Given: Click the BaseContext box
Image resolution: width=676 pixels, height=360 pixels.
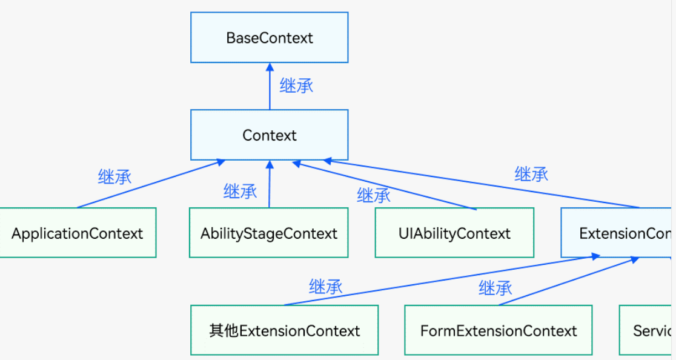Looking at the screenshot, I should tap(270, 38).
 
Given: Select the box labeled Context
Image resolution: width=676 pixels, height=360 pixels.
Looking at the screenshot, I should tap(270, 135).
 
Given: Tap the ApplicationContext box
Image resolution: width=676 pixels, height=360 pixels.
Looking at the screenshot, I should tap(77, 233).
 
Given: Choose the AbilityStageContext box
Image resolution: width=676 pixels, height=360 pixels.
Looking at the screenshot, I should tap(269, 233).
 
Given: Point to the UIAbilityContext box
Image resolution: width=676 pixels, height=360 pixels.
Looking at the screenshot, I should tap(454, 233).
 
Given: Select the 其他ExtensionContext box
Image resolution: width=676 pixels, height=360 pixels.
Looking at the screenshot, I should tap(284, 330).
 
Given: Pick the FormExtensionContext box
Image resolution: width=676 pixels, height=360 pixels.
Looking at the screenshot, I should tap(498, 330).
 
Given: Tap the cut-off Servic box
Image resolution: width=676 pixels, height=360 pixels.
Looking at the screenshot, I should tap(647, 330).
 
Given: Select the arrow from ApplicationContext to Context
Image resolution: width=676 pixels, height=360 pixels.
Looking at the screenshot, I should tap(151, 184).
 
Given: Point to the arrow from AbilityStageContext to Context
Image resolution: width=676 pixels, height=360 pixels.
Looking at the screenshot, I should tap(269, 188).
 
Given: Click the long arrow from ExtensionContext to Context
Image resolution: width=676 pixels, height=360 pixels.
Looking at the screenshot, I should tap(485, 184).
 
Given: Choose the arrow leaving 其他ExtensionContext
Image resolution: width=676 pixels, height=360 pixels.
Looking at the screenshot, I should tap(442, 281).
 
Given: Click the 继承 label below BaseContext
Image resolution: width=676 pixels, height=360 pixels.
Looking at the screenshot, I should tap(296, 85).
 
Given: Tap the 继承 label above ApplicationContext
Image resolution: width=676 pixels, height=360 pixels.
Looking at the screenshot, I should tap(114, 176).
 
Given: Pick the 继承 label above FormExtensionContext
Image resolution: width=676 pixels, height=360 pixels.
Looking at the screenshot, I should tap(495, 287).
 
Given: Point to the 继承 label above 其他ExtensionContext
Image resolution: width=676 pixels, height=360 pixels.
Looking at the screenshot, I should tap(325, 286).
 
